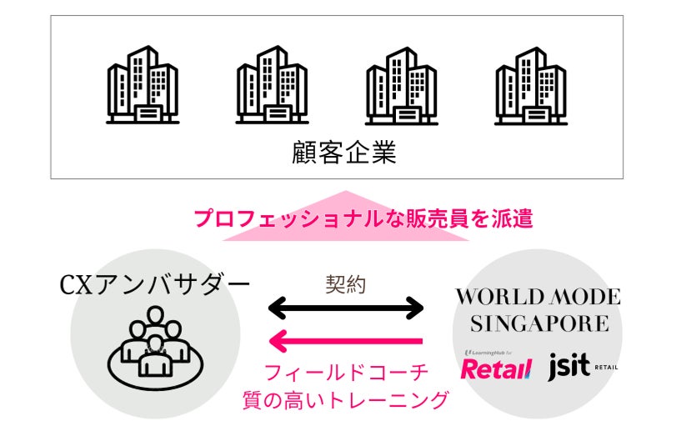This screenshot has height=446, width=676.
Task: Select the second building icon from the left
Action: (271, 86)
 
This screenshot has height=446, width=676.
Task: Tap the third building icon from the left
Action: (401, 86)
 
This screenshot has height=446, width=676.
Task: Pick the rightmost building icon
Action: (531, 86)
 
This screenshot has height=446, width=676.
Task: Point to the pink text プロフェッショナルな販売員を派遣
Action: (363, 218)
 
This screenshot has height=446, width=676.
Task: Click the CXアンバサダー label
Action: (155, 285)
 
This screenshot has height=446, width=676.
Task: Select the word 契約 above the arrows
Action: (345, 283)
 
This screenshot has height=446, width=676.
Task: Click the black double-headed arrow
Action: (346, 309)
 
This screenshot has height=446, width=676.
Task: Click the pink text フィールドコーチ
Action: (345, 371)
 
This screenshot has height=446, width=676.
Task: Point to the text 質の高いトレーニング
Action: (344, 400)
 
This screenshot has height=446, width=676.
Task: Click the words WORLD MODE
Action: (538, 296)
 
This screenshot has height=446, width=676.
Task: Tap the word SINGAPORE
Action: (538, 323)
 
